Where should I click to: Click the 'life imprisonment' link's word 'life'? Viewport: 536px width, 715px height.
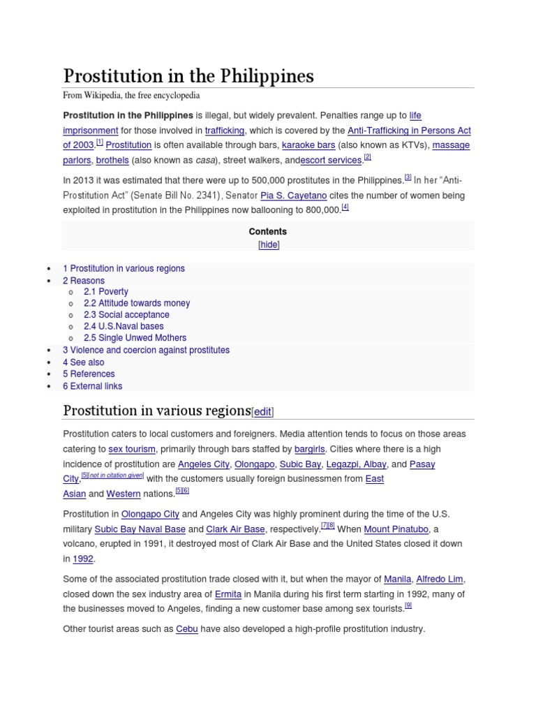(x=415, y=115)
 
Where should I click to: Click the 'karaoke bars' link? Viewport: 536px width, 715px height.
(x=308, y=145)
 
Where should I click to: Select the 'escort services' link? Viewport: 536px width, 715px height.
(x=332, y=161)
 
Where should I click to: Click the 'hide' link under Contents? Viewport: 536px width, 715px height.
(x=269, y=245)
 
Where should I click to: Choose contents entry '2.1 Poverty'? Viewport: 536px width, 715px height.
(x=105, y=291)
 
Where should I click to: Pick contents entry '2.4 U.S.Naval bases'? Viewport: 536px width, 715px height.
(x=124, y=326)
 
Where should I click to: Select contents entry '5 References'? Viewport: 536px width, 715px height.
(x=89, y=374)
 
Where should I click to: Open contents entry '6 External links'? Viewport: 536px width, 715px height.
(x=92, y=385)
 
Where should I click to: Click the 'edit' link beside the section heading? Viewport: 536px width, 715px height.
(x=262, y=412)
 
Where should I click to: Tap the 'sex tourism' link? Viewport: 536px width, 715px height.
(x=132, y=449)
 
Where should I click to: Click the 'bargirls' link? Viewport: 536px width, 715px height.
(x=310, y=449)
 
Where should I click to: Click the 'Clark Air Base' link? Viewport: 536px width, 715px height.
(x=235, y=529)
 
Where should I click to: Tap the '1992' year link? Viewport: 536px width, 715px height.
(x=84, y=559)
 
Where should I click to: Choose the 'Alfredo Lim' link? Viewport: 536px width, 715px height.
(x=440, y=580)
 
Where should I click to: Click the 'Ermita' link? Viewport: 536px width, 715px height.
(x=228, y=594)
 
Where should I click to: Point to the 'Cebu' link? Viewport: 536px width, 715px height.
(x=187, y=629)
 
